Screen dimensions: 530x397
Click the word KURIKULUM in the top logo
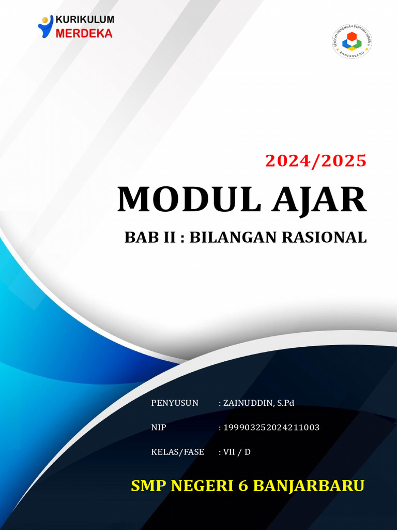click(x=85, y=20)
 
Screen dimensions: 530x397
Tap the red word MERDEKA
click(x=83, y=33)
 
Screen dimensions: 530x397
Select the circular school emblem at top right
click(x=352, y=41)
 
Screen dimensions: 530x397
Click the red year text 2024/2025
click(x=316, y=161)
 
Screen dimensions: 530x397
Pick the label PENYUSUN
click(x=175, y=403)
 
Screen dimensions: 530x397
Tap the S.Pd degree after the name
click(x=284, y=403)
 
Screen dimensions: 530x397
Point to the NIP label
click(x=158, y=428)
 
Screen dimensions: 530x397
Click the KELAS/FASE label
click(x=177, y=452)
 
